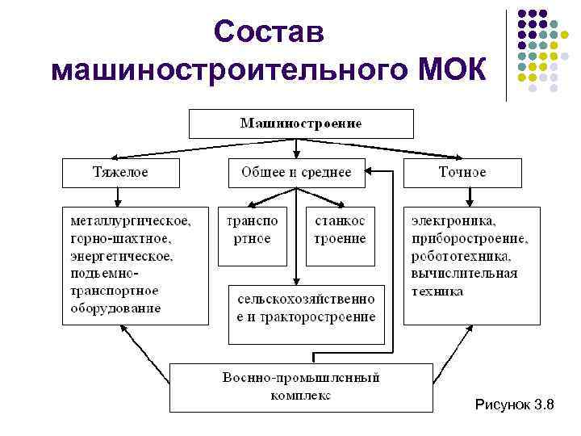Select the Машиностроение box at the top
pos(301,124)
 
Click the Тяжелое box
pos(120,173)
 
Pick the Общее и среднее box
pos(296,173)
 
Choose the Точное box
pos(462,173)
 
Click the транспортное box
pos(253,230)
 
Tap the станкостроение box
pos(341,230)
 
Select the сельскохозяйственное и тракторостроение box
pos(306,308)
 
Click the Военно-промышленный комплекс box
pos(301,386)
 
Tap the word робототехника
pos(461,256)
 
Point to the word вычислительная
pos(464,274)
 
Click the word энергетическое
pos(122,256)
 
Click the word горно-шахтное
pos(121,238)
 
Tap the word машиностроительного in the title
pos(228,69)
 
